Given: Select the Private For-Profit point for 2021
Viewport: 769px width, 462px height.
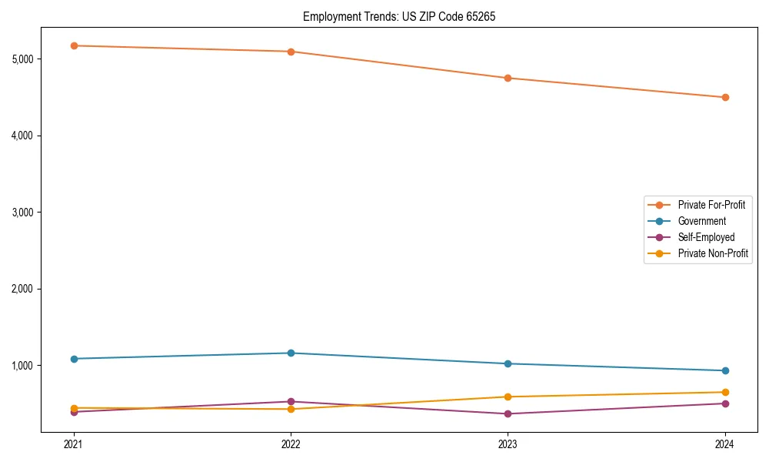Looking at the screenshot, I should (x=74, y=46).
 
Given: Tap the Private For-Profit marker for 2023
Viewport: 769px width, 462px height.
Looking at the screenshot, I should (x=508, y=78).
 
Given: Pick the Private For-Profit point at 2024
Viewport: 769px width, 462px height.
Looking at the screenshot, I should (x=725, y=97).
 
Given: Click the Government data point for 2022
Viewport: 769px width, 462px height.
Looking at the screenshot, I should (x=291, y=353).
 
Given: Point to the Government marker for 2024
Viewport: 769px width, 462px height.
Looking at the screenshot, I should (x=725, y=370).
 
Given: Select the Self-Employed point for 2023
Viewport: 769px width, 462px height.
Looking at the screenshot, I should (x=508, y=413).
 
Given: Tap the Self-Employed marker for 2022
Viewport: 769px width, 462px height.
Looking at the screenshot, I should (x=291, y=401).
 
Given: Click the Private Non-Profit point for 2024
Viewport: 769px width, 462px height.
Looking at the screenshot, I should (x=725, y=392).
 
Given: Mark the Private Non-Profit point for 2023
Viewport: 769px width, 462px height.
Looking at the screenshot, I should (x=508, y=397).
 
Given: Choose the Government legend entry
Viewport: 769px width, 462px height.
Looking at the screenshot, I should (x=701, y=221).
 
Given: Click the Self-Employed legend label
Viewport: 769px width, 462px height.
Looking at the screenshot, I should (x=706, y=237).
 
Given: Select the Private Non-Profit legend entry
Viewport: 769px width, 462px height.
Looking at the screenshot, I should (x=713, y=253).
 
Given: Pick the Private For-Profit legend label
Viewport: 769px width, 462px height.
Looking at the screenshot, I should (x=711, y=205).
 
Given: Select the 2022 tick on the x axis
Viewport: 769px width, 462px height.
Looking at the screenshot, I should (x=291, y=444).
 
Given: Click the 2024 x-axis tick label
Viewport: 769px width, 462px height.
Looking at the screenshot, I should (x=725, y=444).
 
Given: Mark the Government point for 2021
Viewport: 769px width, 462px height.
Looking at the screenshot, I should (x=74, y=359).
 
